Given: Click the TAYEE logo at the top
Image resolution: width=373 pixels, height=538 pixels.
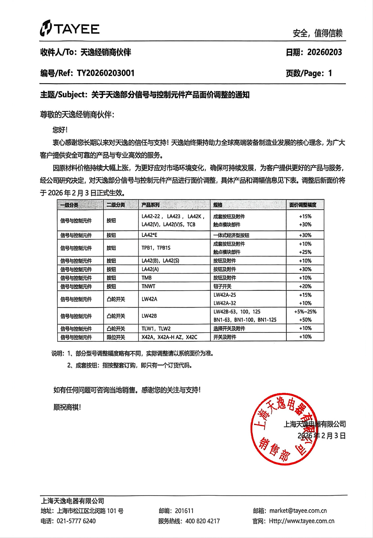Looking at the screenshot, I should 70,29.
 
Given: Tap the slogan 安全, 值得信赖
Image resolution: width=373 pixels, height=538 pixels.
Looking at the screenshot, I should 317,33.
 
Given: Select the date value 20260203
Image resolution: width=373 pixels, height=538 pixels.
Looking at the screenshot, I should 325,52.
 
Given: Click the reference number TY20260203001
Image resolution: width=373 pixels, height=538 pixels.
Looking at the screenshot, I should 106,73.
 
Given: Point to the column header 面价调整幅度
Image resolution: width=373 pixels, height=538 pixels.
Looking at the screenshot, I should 303,205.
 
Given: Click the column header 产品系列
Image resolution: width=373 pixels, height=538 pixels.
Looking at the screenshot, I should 150,205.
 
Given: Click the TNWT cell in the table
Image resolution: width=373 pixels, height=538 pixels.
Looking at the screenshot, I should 148,286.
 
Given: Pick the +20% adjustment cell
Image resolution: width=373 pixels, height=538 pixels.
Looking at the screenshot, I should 305,286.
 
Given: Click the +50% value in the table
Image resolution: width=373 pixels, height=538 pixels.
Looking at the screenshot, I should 305,320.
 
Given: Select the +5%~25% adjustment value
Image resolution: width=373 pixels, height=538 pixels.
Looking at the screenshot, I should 305,312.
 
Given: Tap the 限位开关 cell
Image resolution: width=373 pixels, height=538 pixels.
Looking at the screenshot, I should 116,337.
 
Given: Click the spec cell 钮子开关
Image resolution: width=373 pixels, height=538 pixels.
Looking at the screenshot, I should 222,286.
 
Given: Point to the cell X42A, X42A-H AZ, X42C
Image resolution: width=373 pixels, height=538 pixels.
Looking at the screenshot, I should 169,337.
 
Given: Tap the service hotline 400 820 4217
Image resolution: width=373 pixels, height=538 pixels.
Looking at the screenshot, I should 203,521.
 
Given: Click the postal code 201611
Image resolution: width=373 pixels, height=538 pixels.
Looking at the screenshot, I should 184,511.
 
